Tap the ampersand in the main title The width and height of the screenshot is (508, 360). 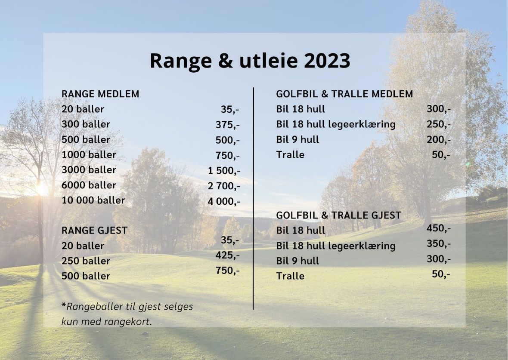[x=226, y=61]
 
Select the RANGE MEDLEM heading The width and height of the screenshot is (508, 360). [x=100, y=94]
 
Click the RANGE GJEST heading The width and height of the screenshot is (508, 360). [x=95, y=230]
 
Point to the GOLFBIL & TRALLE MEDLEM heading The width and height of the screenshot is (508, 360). [x=344, y=94]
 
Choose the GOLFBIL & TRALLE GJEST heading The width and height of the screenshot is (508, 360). [x=338, y=215]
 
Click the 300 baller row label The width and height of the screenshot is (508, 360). [x=86, y=124]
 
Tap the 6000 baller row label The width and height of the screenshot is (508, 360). [x=89, y=185]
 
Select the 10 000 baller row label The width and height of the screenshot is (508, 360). [x=93, y=200]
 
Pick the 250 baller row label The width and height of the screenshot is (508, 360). [x=86, y=261]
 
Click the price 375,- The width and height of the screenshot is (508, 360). [x=228, y=125]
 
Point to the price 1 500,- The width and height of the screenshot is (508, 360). [x=224, y=171]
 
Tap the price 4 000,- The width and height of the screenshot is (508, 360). [x=224, y=201]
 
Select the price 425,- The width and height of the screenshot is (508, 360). [x=228, y=255]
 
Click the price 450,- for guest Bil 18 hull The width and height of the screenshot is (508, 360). [x=439, y=228]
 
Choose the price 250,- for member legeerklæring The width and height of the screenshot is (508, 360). [x=439, y=124]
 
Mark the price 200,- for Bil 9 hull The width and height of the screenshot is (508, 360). [x=439, y=140]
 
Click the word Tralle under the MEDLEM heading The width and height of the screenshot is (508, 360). [x=290, y=155]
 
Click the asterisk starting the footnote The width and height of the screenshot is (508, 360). [x=64, y=305]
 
